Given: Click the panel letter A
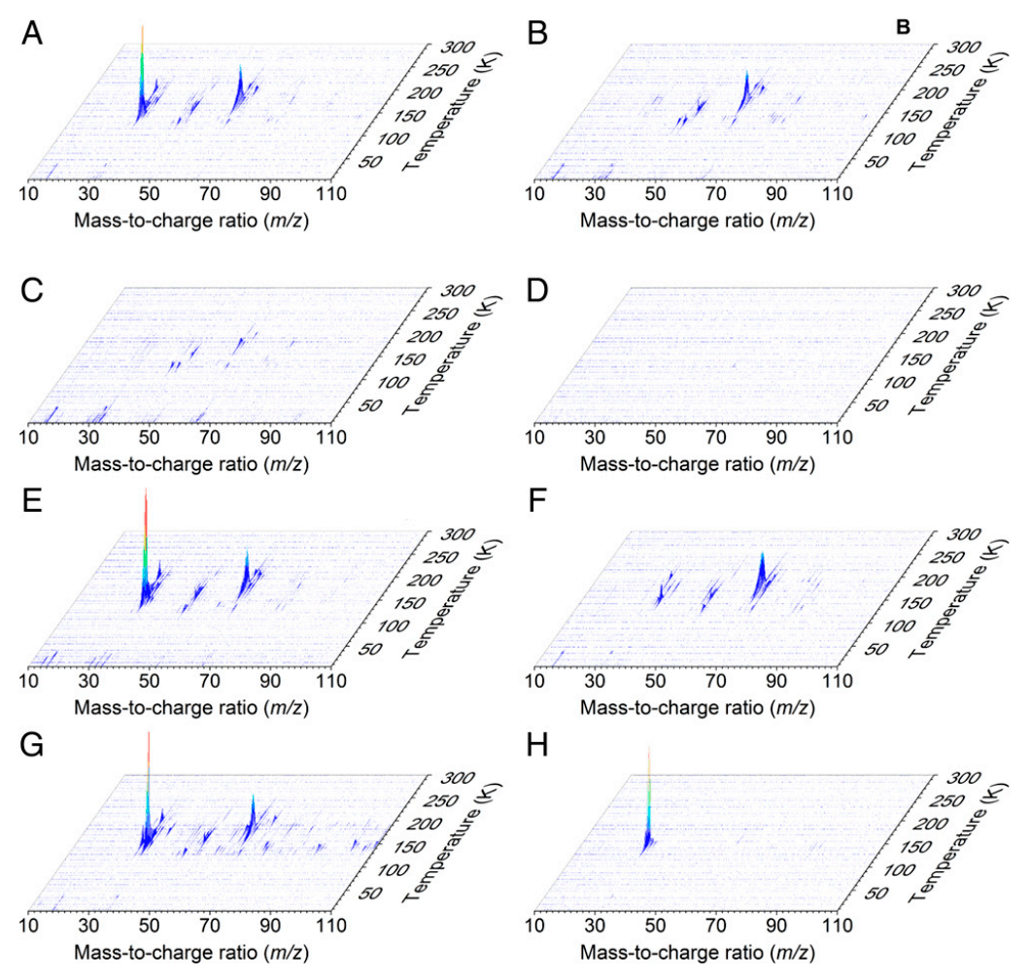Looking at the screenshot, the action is pyautogui.click(x=31, y=33).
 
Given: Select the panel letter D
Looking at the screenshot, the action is pyautogui.click(x=537, y=290).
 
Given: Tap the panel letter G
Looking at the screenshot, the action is pyautogui.click(x=32, y=745).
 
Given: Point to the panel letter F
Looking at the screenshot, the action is pyautogui.click(x=537, y=501).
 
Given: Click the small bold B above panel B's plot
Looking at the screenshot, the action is pyautogui.click(x=904, y=27).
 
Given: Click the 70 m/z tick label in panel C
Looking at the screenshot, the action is pyautogui.click(x=210, y=437).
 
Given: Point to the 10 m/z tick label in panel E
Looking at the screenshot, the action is pyautogui.click(x=28, y=680).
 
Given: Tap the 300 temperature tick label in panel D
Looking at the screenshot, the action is pyautogui.click(x=963, y=290).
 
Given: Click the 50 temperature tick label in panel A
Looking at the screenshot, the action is pyautogui.click(x=371, y=162).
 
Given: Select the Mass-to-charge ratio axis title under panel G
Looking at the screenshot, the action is pyautogui.click(x=191, y=952).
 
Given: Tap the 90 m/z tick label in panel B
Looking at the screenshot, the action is pyautogui.click(x=776, y=193).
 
